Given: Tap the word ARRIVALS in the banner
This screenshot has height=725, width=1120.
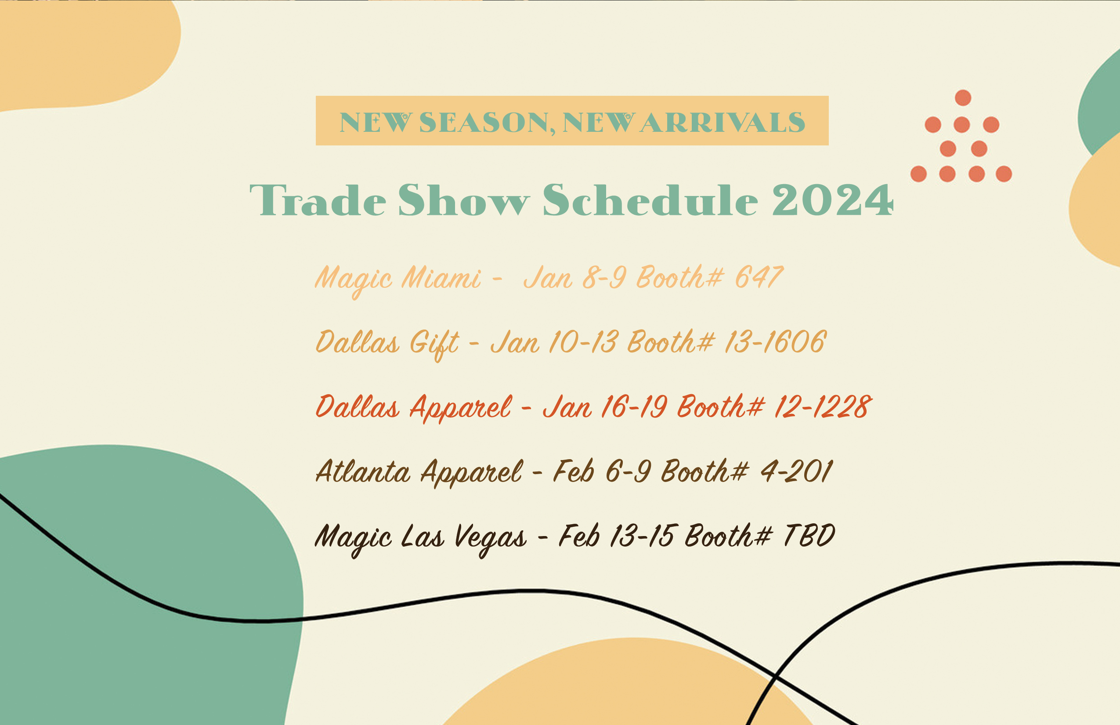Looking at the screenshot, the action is [x=723, y=123].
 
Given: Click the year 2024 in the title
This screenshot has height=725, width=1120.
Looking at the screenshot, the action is [x=832, y=200].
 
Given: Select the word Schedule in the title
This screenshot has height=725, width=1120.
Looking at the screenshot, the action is [x=650, y=199].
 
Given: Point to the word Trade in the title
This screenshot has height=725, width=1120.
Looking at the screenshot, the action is [x=318, y=200].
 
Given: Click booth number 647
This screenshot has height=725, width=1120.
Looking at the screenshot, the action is [x=759, y=277].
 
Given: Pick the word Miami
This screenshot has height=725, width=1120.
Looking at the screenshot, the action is [x=441, y=277].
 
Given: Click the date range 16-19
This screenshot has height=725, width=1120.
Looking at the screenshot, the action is [x=634, y=406].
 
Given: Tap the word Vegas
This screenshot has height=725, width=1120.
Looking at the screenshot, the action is [x=490, y=538].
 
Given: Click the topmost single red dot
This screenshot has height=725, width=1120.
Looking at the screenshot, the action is [x=963, y=98].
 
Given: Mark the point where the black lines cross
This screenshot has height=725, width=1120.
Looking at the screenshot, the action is [x=775, y=678].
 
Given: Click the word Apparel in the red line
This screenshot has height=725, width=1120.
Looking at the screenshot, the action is [x=460, y=408].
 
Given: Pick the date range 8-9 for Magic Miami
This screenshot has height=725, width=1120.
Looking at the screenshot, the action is [x=604, y=277].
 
